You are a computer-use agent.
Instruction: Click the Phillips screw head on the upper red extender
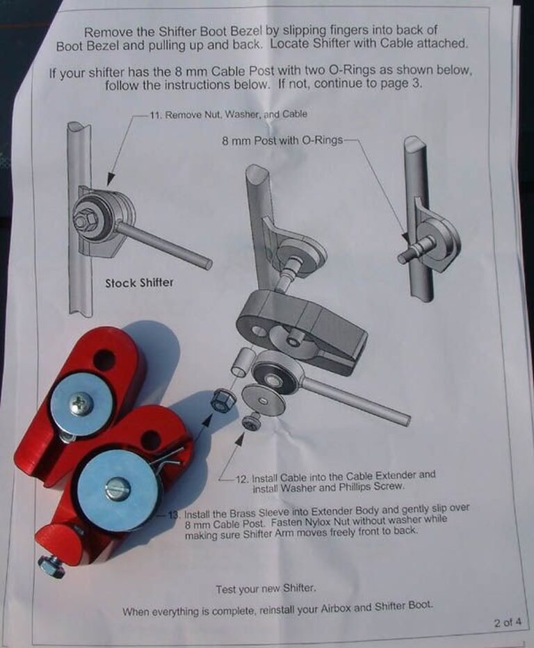point(80,404)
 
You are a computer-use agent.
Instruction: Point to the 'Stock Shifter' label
point(139,283)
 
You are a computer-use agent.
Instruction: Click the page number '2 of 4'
point(508,622)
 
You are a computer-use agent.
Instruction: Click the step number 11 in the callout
point(154,115)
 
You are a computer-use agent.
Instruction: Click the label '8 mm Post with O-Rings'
point(282,140)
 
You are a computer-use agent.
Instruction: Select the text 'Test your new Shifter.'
point(266,588)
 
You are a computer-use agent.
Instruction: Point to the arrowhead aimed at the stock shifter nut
point(110,179)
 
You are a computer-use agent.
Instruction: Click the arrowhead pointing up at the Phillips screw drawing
point(239,439)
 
